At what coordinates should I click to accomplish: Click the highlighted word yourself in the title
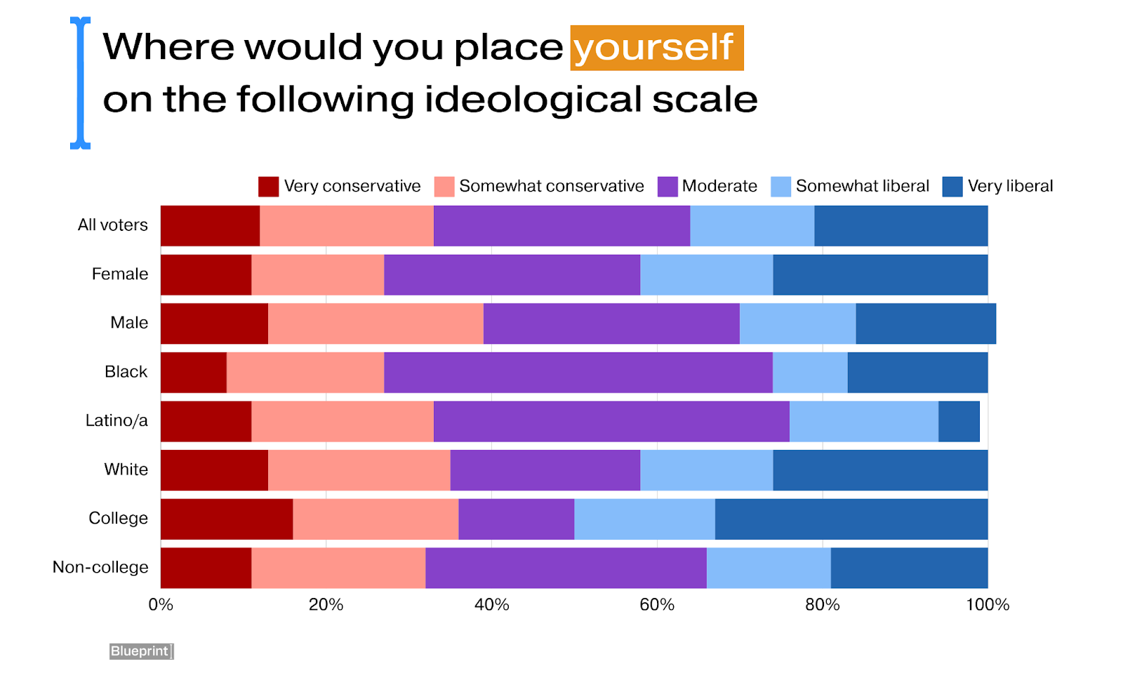[656, 48]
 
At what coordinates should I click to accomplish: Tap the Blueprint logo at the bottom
[141, 651]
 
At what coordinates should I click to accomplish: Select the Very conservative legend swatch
[268, 187]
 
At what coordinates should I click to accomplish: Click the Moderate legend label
[719, 186]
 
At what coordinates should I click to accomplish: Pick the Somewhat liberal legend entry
[862, 186]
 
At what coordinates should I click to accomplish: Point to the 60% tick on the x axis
[657, 604]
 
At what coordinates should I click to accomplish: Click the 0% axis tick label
[161, 604]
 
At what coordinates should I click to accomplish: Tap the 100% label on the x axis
[987, 604]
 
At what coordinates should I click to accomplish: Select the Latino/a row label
[117, 420]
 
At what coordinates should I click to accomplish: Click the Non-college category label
[100, 567]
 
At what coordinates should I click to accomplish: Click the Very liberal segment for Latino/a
[959, 421]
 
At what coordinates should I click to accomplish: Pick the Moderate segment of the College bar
[516, 519]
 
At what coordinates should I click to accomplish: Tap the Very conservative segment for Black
[194, 372]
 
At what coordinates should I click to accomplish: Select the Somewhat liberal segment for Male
[797, 324]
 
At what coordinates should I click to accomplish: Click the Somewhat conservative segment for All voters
[347, 226]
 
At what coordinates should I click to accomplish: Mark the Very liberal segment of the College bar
[851, 519]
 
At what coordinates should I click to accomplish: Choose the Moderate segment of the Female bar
[512, 274]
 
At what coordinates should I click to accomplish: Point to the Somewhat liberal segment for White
[706, 470]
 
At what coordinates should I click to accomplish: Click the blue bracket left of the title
[81, 83]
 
